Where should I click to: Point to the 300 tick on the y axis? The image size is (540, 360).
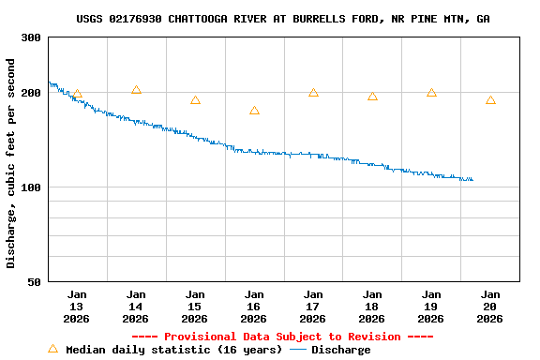click(x=31, y=37)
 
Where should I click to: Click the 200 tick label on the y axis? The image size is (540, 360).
click(x=31, y=93)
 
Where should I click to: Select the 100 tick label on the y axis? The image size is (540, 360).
click(x=31, y=187)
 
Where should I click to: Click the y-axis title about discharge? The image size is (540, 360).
click(x=11, y=163)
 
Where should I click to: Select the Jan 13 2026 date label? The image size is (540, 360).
click(x=77, y=307)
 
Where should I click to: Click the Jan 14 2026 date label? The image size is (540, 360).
click(x=136, y=307)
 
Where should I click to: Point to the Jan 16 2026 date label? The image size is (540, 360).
click(x=254, y=307)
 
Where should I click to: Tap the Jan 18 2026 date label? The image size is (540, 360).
click(x=372, y=307)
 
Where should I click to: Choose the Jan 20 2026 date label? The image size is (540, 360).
click(x=490, y=307)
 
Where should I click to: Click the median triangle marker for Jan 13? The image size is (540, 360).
click(x=77, y=94)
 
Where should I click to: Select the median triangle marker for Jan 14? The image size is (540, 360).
click(x=136, y=90)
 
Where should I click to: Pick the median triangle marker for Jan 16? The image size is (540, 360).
click(x=254, y=111)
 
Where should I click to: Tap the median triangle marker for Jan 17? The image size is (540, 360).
click(x=313, y=93)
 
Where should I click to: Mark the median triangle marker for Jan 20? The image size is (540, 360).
click(x=490, y=100)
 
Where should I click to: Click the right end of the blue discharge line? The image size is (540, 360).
click(x=472, y=180)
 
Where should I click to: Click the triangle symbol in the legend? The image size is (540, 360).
click(x=53, y=349)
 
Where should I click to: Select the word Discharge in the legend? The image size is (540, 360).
click(x=340, y=350)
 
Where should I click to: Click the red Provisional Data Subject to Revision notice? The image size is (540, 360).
click(x=282, y=337)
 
